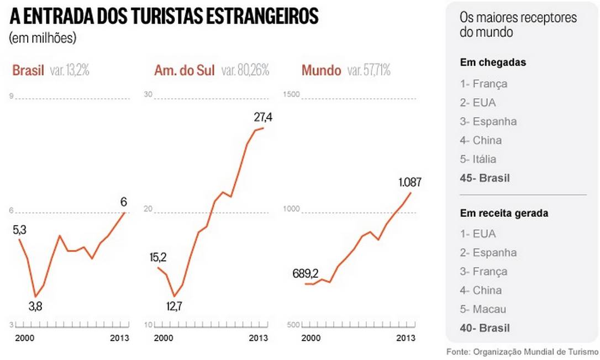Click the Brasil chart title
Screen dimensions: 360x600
[x=28, y=71]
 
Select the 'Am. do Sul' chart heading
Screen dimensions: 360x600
[x=185, y=71]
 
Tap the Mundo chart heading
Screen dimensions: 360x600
[x=320, y=71]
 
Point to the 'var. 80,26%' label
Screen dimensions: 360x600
[x=245, y=71]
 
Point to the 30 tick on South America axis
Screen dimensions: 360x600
[x=148, y=94]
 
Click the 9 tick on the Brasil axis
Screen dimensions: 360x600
[x=12, y=97]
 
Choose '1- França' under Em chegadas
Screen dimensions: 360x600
[x=483, y=84]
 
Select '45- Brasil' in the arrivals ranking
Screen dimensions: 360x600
[x=485, y=178]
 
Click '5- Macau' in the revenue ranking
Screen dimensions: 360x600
[x=483, y=309]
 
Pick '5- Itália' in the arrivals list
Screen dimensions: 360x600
[x=478, y=159]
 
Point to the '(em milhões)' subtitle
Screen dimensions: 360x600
[x=42, y=38]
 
